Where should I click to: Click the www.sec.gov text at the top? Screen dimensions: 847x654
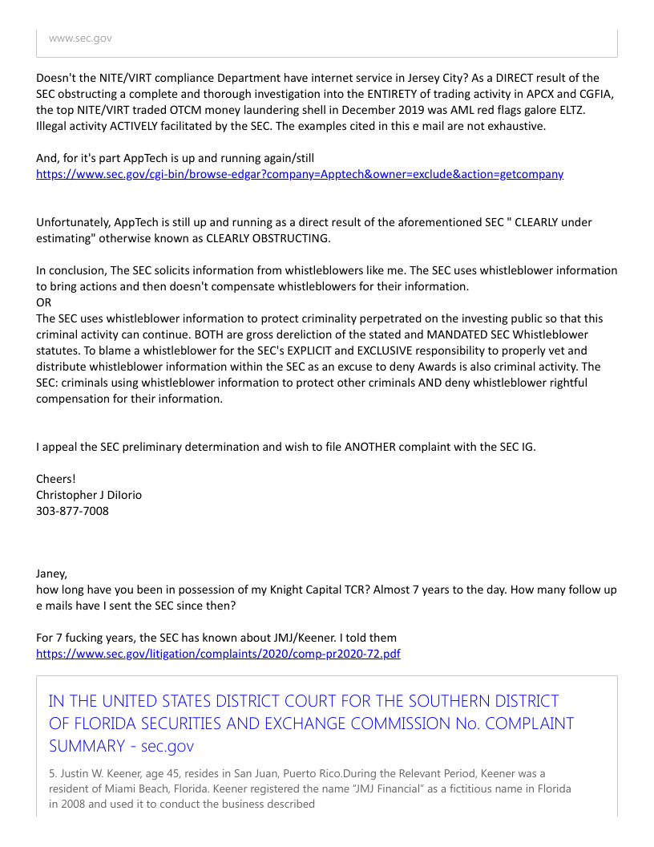[x=80, y=38]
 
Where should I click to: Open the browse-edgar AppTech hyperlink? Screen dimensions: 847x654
[x=300, y=174]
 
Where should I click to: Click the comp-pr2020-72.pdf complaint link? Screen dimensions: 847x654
[x=218, y=654]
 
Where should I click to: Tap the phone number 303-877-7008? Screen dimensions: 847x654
[x=72, y=511]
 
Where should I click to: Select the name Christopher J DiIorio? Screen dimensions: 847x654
[x=89, y=495]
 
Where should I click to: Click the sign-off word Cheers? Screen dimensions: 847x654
[x=56, y=479]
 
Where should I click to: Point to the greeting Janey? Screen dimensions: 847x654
[x=52, y=573]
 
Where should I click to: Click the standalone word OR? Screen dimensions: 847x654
[x=44, y=302]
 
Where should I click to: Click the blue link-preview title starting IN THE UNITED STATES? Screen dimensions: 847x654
[x=311, y=723]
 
